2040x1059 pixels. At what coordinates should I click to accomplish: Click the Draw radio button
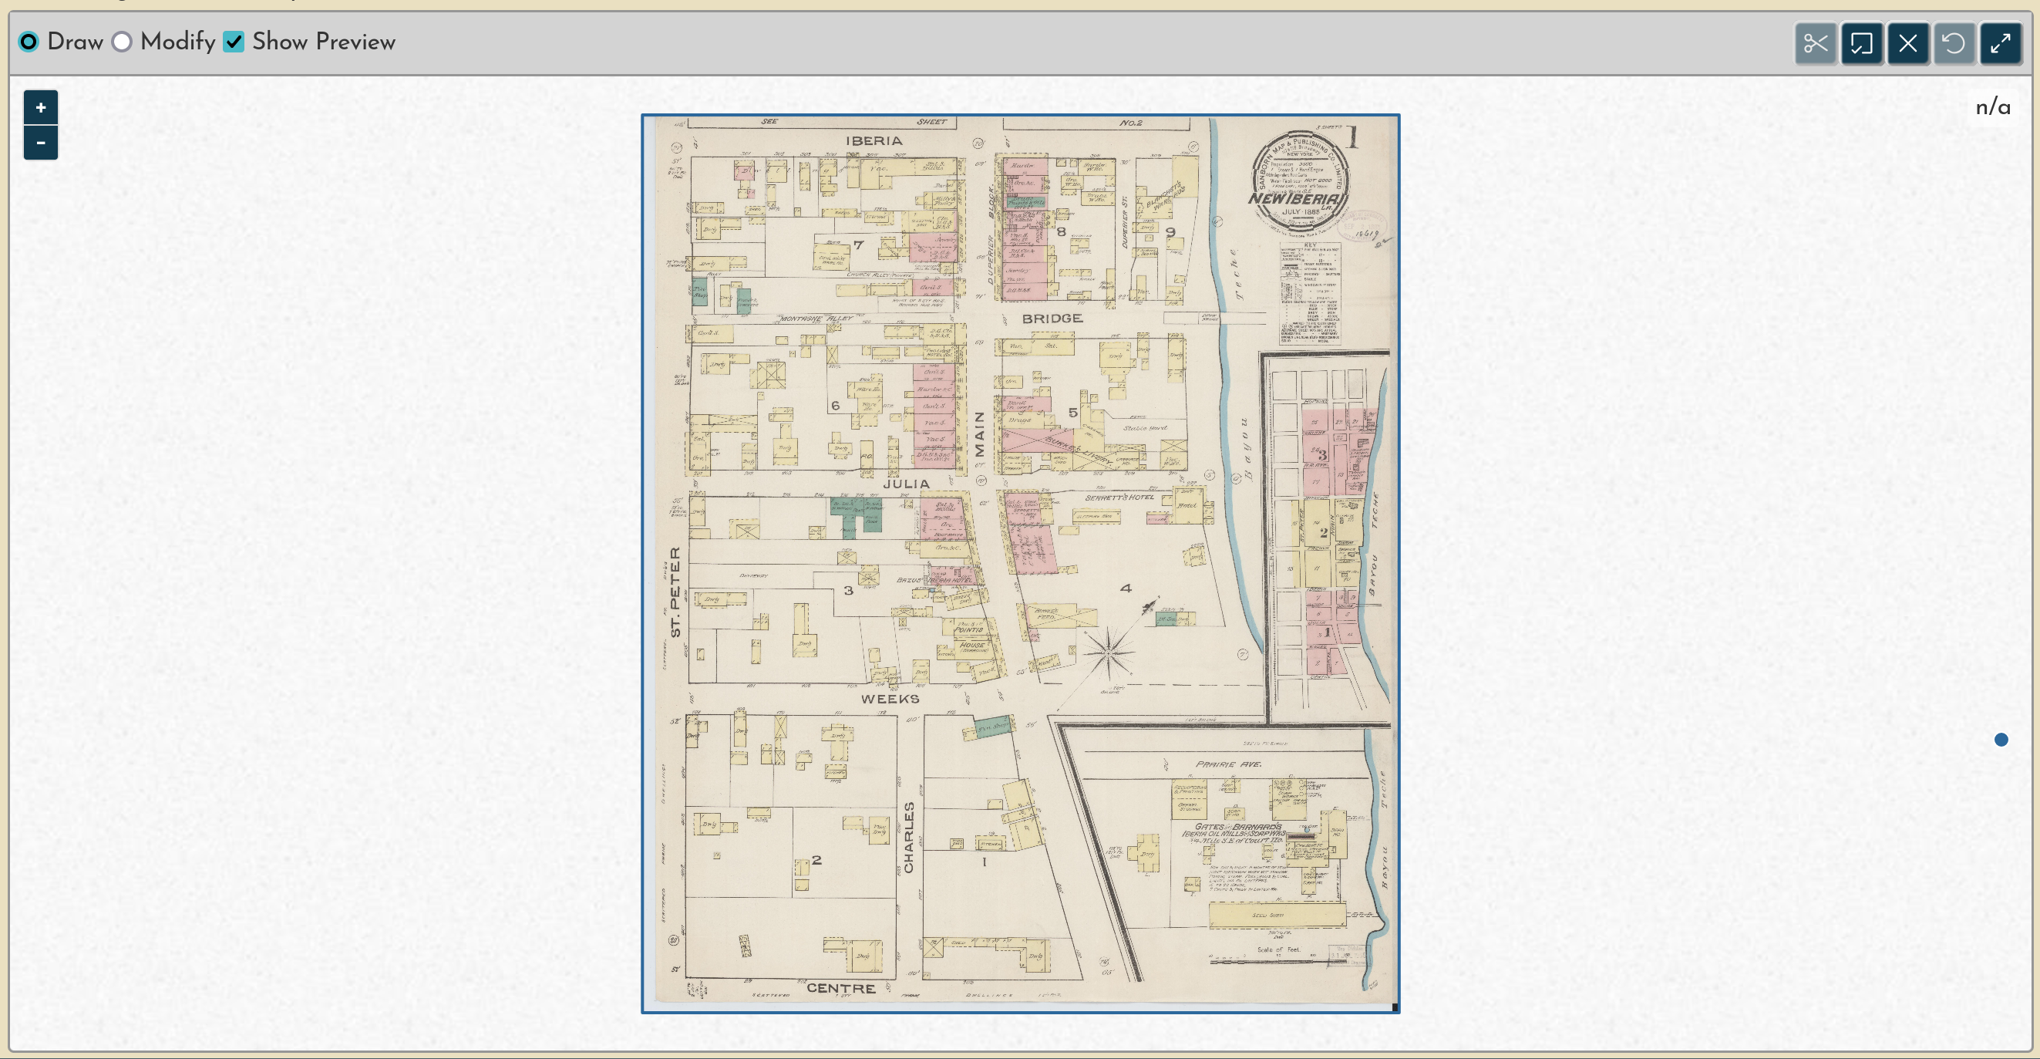[29, 42]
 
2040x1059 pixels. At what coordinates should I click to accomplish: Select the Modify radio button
[122, 42]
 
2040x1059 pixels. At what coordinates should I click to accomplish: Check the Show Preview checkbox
[234, 42]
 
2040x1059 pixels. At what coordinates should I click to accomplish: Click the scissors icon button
[1815, 42]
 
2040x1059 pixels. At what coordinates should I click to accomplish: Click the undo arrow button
[1954, 42]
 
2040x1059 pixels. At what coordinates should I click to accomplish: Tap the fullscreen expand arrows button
[2001, 42]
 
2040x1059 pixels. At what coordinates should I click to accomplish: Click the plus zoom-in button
[40, 108]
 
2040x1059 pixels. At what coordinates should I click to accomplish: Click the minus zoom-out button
[40, 143]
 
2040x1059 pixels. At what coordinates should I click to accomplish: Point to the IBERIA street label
[874, 141]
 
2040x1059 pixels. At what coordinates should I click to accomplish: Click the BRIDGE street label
[1052, 319]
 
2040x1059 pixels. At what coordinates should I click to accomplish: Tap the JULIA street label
[906, 483]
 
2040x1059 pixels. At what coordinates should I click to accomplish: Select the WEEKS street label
[890, 699]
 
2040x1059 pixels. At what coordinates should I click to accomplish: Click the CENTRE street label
[840, 988]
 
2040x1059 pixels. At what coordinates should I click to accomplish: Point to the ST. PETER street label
[675, 592]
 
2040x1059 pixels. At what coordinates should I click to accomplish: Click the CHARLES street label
[908, 837]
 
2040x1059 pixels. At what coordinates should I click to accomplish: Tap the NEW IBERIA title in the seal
[1295, 199]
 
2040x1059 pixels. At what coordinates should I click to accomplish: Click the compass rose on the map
[1109, 652]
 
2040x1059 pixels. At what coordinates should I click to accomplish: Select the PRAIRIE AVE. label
[1228, 764]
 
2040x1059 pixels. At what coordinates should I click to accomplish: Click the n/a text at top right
[1992, 107]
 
